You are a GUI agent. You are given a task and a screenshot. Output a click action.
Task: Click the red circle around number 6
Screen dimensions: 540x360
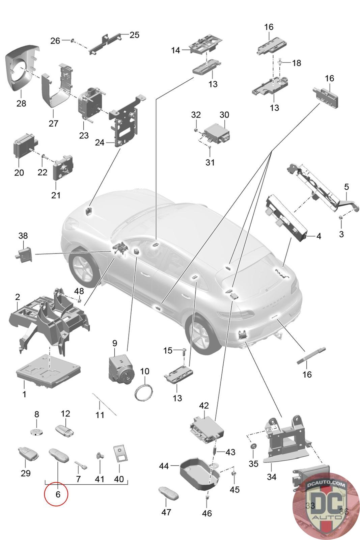point(56,494)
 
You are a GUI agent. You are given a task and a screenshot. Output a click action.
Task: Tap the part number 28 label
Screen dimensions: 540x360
point(21,103)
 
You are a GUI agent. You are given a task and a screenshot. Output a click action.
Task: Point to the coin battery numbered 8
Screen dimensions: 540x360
point(37,432)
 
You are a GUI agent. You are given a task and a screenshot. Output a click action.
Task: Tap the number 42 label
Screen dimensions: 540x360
point(204,405)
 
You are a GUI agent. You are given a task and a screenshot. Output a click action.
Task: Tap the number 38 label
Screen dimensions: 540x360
point(23,236)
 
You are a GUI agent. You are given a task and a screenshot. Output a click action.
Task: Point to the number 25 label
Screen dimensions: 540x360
point(134,35)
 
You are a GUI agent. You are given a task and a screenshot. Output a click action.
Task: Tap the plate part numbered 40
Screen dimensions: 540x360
point(120,454)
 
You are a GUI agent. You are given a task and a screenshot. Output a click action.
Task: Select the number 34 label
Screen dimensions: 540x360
point(272,477)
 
